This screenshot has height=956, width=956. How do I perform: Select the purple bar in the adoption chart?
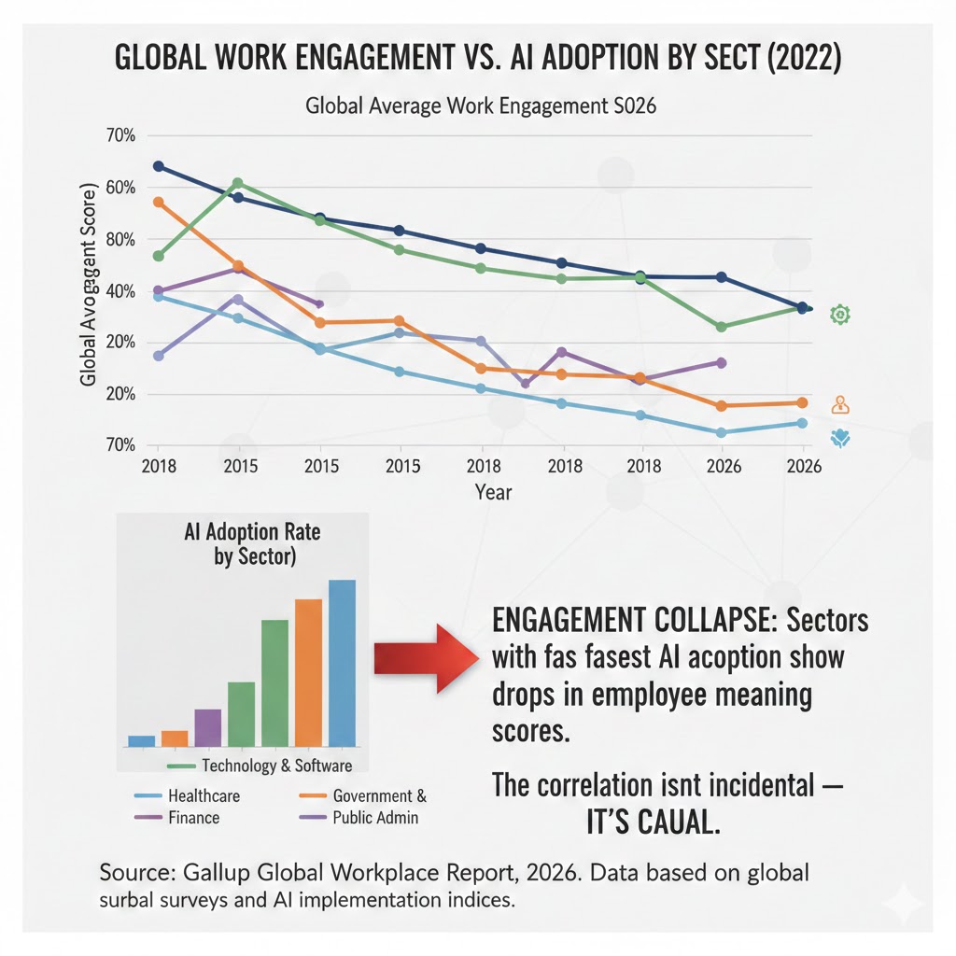click(208, 727)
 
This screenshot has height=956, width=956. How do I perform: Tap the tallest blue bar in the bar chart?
click(343, 663)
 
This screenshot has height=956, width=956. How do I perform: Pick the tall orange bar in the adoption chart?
click(309, 672)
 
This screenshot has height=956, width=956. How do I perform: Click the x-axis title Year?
click(493, 491)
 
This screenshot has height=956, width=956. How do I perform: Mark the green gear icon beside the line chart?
click(840, 316)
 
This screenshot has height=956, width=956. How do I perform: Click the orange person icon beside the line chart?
click(840, 405)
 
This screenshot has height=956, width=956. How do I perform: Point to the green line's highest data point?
click(237, 183)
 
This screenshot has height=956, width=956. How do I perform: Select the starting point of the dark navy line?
click(158, 166)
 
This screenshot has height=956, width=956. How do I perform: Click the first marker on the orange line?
click(158, 202)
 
